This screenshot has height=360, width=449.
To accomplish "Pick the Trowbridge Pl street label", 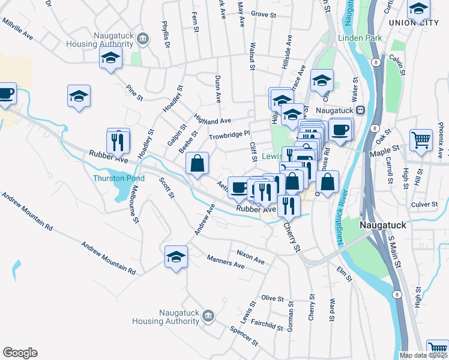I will click(x=229, y=136).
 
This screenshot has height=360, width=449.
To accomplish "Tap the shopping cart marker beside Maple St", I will click(x=421, y=140).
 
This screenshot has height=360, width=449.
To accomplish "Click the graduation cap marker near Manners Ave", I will click(x=176, y=257).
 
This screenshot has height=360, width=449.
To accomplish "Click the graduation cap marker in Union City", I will click(x=418, y=8).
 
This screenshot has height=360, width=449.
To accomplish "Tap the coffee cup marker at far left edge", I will click(x=7, y=94).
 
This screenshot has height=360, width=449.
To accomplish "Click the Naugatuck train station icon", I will click(x=361, y=110).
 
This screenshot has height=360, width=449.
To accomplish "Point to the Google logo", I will click(x=20, y=353).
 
